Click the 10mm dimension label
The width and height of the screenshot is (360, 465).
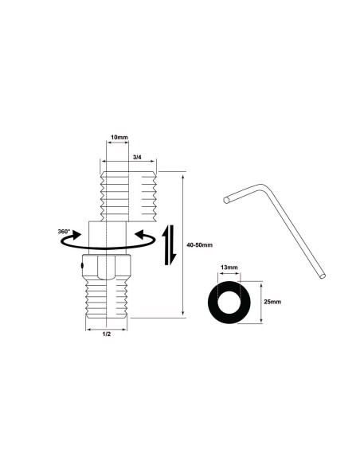click(118, 138)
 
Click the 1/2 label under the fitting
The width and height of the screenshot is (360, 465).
click(106, 335)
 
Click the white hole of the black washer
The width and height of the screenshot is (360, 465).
click(231, 302)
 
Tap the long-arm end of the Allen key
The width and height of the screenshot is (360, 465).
click(323, 276)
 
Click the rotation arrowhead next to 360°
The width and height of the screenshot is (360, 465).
click(76, 236)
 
